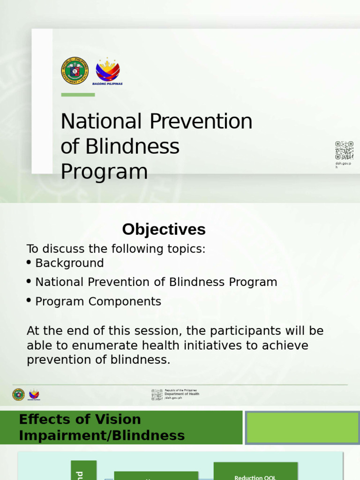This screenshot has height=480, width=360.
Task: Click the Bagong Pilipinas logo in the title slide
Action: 108,70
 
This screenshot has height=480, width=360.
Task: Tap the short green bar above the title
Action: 78,95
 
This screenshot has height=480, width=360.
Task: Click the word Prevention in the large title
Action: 201,122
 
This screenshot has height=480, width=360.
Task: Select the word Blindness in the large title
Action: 132,147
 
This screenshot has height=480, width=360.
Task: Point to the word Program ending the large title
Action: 104,172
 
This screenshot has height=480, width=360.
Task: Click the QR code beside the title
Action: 344,150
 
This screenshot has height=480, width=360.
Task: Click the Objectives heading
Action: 164,230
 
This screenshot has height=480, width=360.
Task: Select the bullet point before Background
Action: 30,262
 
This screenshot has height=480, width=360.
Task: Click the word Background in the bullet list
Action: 69,263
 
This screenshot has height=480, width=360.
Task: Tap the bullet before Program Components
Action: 30,301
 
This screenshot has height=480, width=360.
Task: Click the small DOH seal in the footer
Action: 18,395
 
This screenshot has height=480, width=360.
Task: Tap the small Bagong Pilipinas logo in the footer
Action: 34,395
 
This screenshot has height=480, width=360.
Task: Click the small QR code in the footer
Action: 157,395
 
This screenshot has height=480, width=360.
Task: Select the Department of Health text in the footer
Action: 182,394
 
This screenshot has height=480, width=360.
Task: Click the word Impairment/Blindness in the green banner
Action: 102,435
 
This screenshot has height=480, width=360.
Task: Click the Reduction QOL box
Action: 255,474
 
